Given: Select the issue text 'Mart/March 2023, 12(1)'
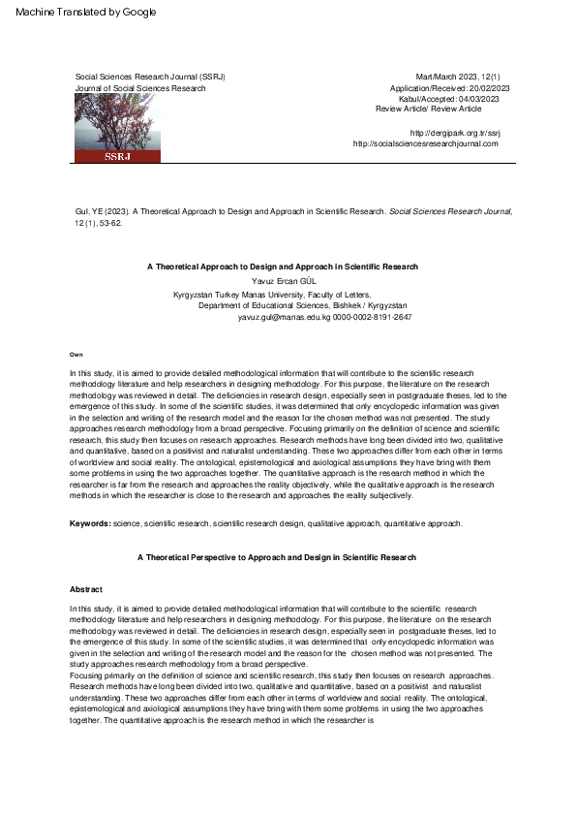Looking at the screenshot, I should (457, 77).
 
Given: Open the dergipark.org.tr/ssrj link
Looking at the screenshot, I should (454, 133).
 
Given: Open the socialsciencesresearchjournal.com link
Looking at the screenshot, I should (426, 143).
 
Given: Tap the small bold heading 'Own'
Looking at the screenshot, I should (76, 355).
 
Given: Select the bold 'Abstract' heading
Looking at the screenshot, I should (86, 589).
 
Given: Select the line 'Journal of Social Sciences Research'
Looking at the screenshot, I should (140, 88).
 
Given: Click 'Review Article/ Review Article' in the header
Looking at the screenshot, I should (428, 109).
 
